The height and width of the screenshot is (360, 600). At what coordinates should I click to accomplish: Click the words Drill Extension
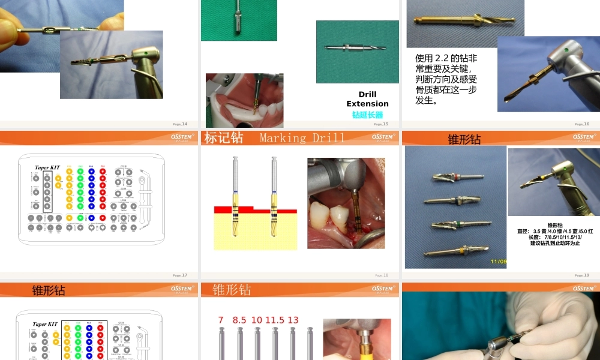pyautogui.click(x=367, y=99)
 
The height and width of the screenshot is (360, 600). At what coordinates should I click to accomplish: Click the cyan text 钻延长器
pyautogui.click(x=367, y=115)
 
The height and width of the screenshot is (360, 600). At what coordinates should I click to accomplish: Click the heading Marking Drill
pyautogui.click(x=302, y=138)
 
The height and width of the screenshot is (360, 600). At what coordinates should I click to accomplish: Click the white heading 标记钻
pyautogui.click(x=224, y=138)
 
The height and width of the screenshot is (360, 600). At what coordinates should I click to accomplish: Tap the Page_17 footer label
pyautogui.click(x=180, y=275)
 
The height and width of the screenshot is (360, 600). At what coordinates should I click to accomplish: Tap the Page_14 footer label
pyautogui.click(x=180, y=124)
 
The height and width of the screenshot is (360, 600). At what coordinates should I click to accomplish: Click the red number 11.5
pyautogui.click(x=274, y=320)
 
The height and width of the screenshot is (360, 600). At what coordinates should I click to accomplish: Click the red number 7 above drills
pyautogui.click(x=221, y=320)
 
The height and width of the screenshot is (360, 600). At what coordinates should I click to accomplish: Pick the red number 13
pyautogui.click(x=293, y=320)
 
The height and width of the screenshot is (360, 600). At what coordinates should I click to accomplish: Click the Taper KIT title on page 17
pyautogui.click(x=47, y=167)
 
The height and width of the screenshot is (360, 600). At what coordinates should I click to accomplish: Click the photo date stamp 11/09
pyautogui.click(x=497, y=261)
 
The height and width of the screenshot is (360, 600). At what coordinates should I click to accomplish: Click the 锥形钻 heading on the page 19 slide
pyautogui.click(x=464, y=139)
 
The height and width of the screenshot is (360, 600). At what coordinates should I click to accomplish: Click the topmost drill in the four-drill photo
pyautogui.click(x=456, y=178)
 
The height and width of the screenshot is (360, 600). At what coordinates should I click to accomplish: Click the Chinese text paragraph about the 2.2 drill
pyautogui.click(x=447, y=79)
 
